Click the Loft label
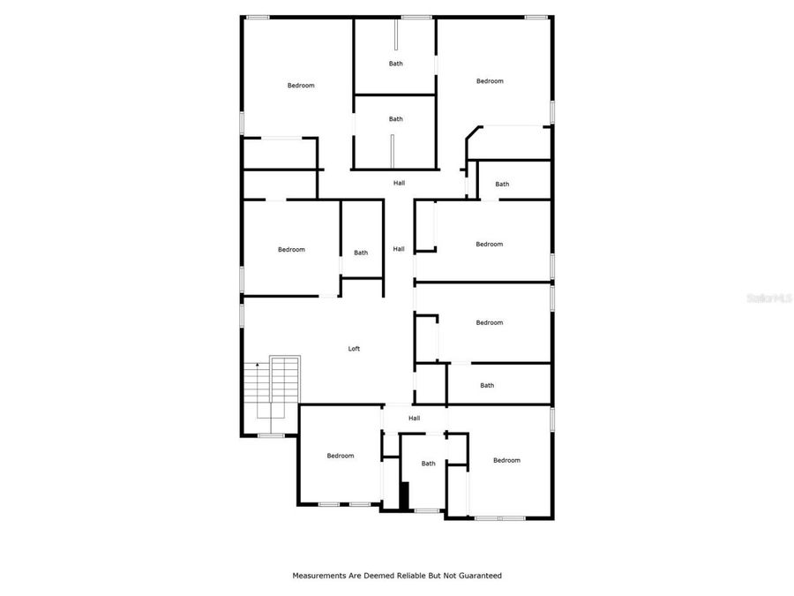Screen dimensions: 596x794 point(354,349)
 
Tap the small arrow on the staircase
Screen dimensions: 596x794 point(257,366)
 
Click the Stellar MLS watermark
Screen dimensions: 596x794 point(769,298)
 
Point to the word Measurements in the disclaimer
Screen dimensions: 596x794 point(320,576)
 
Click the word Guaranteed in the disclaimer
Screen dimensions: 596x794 point(477,576)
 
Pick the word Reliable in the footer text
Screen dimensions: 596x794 point(403,576)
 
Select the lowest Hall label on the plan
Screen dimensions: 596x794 point(414,418)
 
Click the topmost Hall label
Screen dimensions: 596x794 point(399,183)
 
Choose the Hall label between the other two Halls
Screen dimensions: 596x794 point(399,249)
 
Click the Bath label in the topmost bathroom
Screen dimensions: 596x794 point(396,64)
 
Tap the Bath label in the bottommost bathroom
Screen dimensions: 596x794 point(428,464)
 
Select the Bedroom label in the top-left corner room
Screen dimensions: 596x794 point(301,86)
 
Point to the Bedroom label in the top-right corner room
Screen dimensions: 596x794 point(490,81)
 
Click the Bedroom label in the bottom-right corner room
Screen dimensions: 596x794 point(506,460)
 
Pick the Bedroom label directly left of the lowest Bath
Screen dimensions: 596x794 point(341,456)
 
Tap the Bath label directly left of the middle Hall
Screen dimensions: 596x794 point(361,253)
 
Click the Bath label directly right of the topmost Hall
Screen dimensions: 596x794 point(502,185)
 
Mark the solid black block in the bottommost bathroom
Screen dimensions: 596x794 point(405,496)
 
